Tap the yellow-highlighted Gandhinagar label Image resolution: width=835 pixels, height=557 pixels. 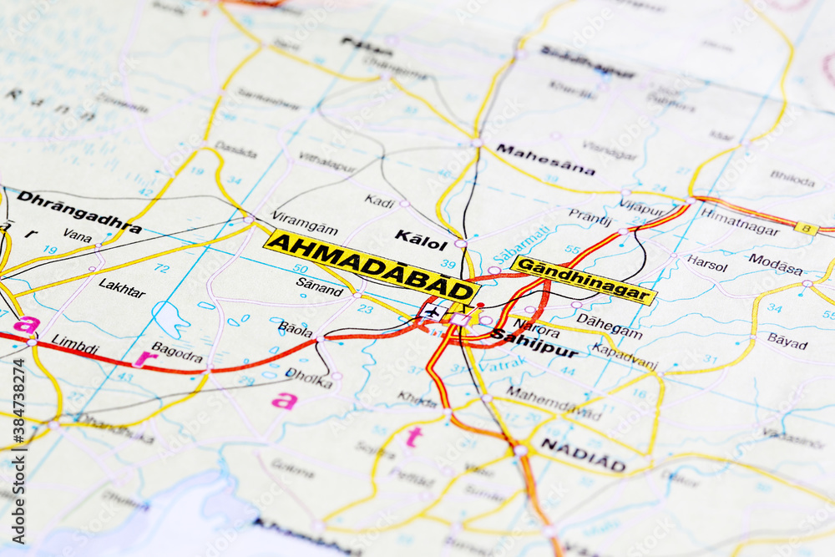pos(584,280)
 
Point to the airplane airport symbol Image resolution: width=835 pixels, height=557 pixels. pos(432,312)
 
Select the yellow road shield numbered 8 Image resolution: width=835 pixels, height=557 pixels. pos(806,227)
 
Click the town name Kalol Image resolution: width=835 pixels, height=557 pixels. pos(421,241)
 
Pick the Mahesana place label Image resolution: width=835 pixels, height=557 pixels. pos(545,159)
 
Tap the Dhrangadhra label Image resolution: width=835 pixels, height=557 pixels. pos(79,211)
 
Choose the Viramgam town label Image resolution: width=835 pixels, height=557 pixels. pos(304,226)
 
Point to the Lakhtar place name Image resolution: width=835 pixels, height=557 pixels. pos(122,287)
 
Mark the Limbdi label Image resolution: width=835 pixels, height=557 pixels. pos(74,343)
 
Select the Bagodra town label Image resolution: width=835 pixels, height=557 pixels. pos(177,352)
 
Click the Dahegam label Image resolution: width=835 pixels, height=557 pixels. pos(609,326)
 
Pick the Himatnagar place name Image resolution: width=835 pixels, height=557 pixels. pos(739,221)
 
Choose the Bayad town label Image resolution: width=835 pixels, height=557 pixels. pos(787,340)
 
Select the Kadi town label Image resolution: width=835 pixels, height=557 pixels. pos(379,200)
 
